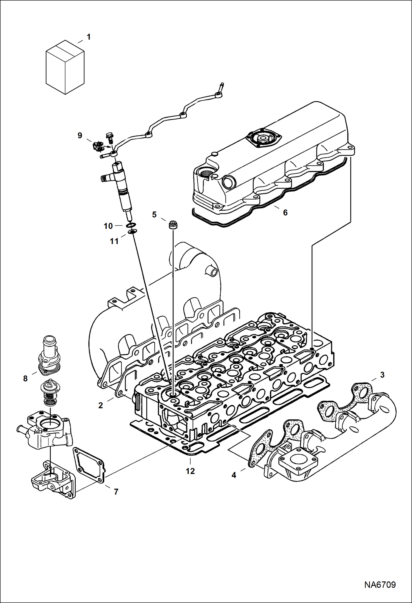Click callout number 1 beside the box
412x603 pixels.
[x=89, y=37]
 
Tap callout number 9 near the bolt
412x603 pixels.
[x=80, y=135]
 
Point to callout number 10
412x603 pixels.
[x=108, y=226]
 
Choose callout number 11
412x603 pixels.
[x=114, y=241]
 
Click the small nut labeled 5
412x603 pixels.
[x=173, y=225]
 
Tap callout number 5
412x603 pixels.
[x=154, y=214]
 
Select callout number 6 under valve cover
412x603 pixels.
[x=285, y=212]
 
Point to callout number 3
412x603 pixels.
[x=382, y=375]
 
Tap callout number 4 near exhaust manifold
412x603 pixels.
[x=234, y=475]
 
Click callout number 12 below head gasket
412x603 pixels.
[x=190, y=471]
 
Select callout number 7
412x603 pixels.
[x=116, y=492]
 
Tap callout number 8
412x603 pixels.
[x=25, y=379]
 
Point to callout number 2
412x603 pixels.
[x=101, y=405]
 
